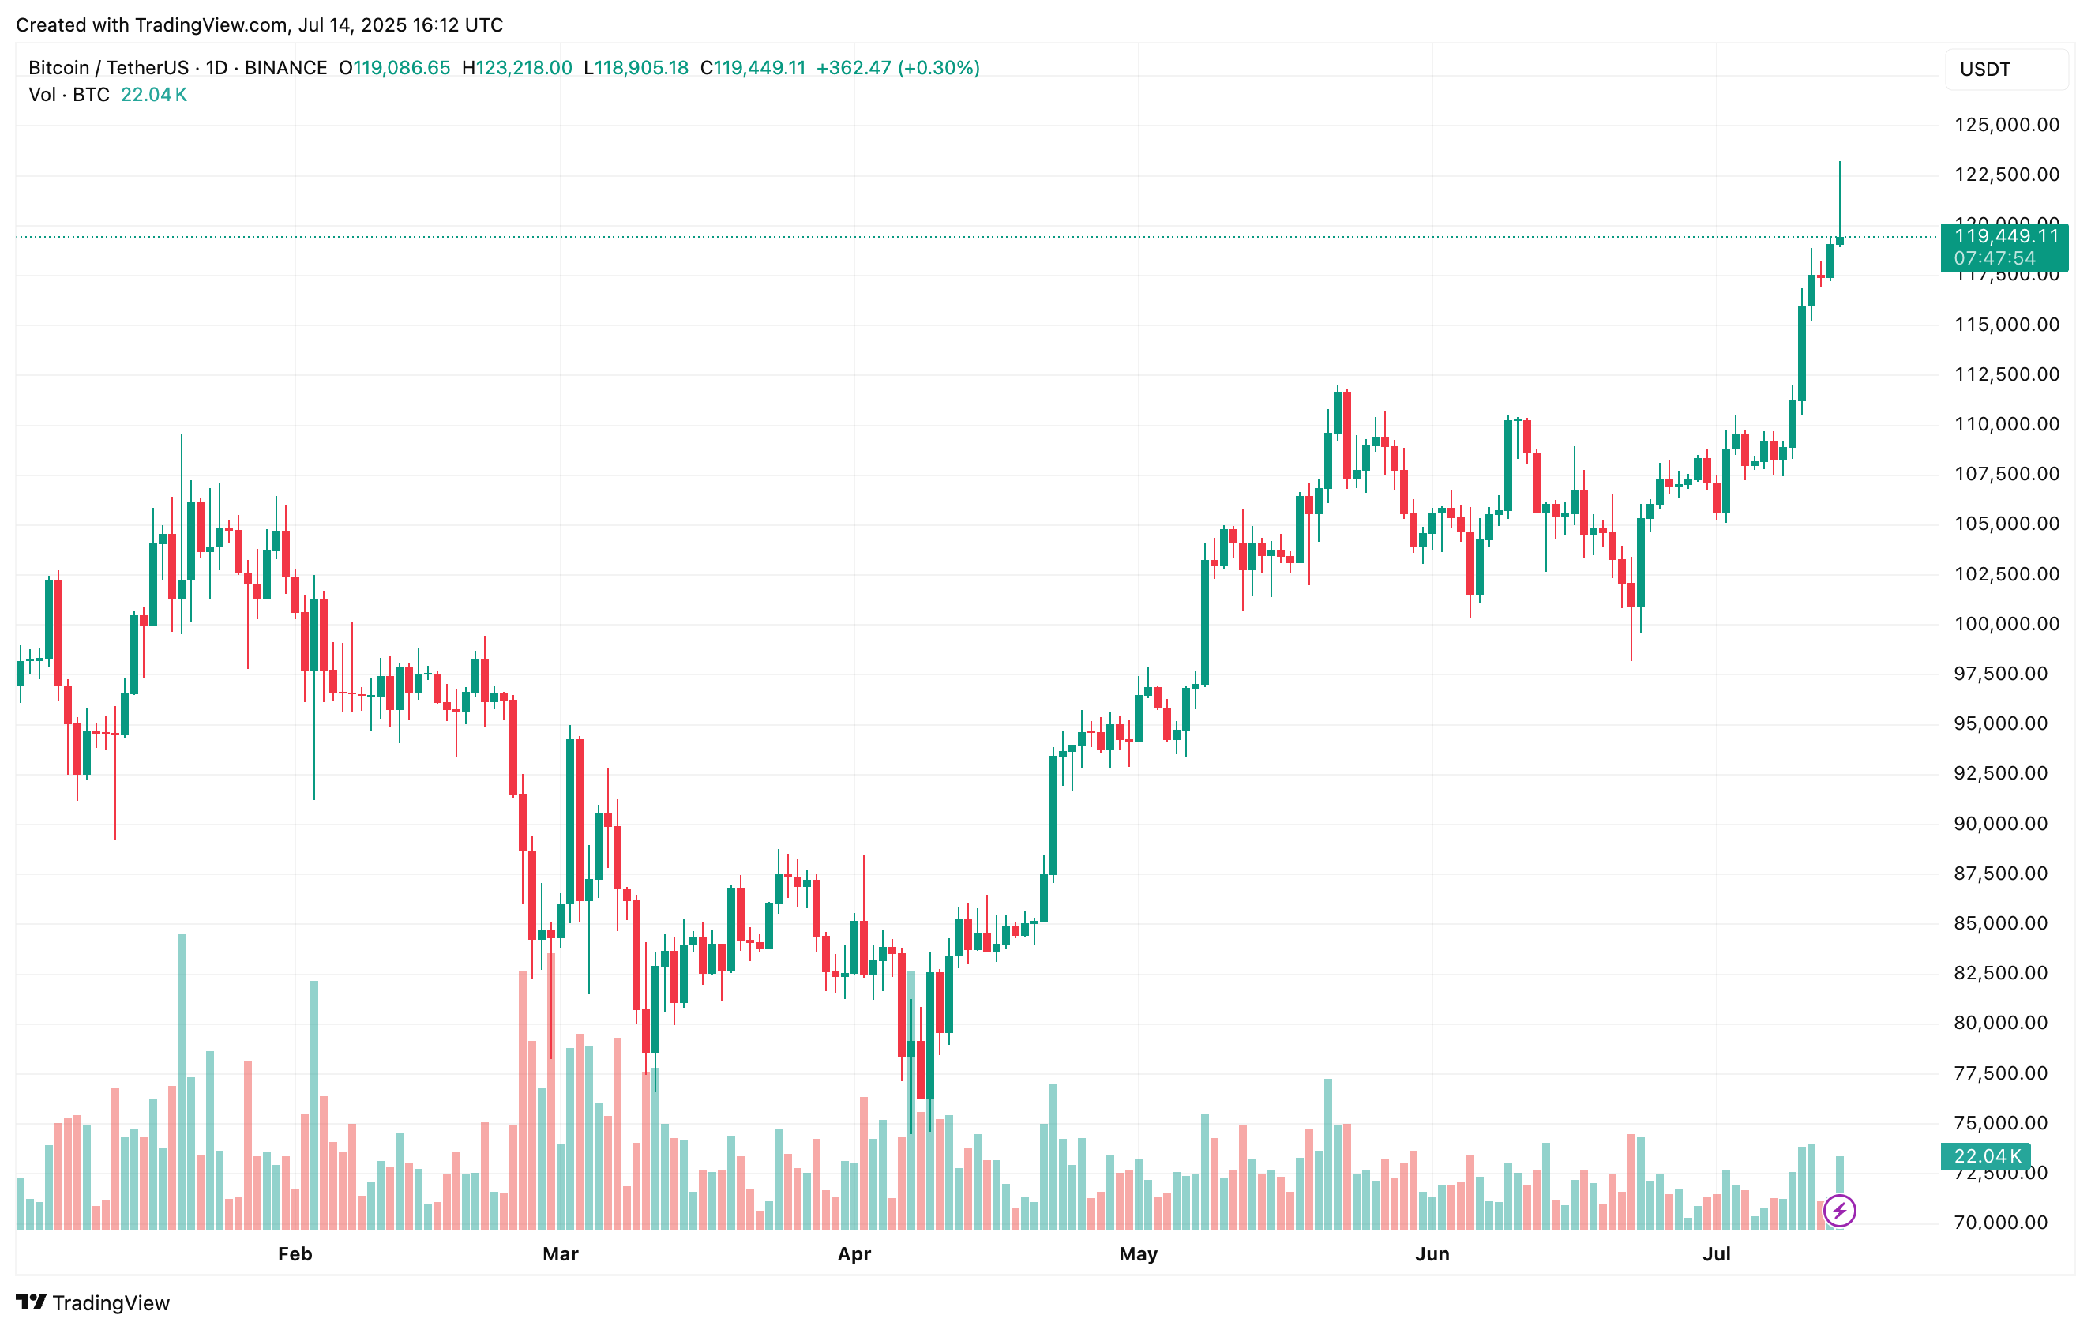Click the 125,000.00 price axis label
pyautogui.click(x=2006, y=125)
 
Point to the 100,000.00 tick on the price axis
pyautogui.click(x=2006, y=624)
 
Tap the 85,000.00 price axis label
pyautogui.click(x=2006, y=923)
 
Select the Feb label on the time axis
pyautogui.click(x=295, y=1253)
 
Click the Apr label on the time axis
pyautogui.click(x=854, y=1253)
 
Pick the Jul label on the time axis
pyautogui.click(x=1716, y=1253)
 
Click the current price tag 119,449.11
pyautogui.click(x=2005, y=237)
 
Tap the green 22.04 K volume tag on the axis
pyautogui.click(x=1986, y=1156)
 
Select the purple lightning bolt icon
pyautogui.click(x=1839, y=1210)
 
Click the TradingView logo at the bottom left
pyautogui.click(x=93, y=1302)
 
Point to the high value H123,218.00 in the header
pyautogui.click(x=516, y=68)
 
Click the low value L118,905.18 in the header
pyautogui.click(x=636, y=68)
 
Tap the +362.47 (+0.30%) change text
pyautogui.click(x=898, y=68)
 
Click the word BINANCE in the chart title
pyautogui.click(x=286, y=68)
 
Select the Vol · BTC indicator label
pyautogui.click(x=69, y=95)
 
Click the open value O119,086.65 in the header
pyautogui.click(x=394, y=68)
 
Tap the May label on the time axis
pyautogui.click(x=1138, y=1253)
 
